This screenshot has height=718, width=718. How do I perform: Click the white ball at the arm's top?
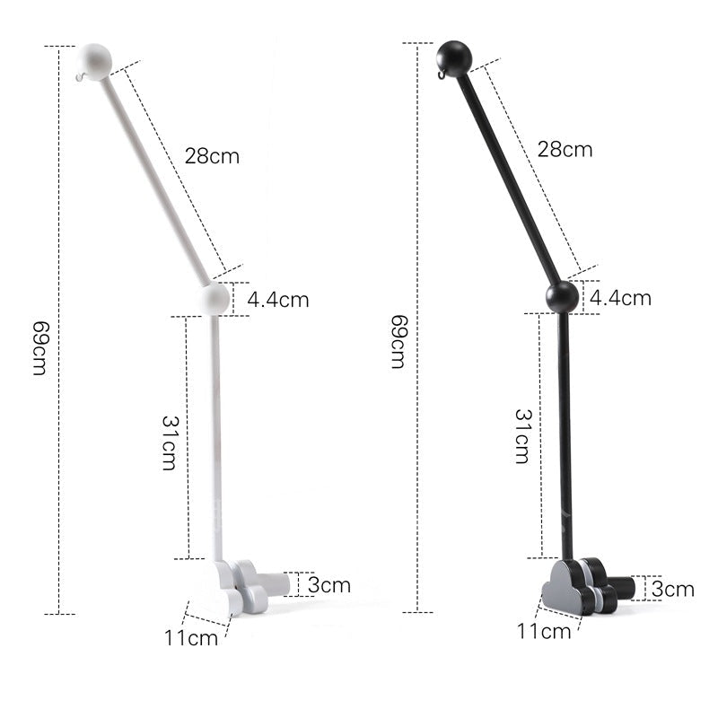95,62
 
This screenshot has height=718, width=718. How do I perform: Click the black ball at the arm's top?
453,58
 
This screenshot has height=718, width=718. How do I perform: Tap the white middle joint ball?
215,298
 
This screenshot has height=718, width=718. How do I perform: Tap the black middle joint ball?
563,297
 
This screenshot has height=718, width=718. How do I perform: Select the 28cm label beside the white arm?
212,156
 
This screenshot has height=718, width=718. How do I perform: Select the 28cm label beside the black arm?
565,149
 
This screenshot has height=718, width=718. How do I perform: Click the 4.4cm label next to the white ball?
278,300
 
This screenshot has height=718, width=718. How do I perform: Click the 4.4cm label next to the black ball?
620,298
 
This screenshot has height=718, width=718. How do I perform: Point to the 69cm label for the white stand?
40,348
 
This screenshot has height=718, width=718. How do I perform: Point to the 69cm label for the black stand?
398,342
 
